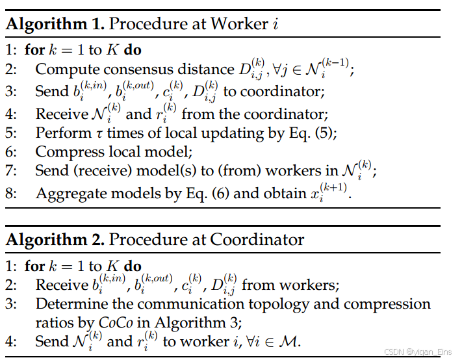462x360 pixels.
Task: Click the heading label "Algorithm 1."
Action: (53, 25)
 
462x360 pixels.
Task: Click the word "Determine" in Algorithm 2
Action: (67, 303)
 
